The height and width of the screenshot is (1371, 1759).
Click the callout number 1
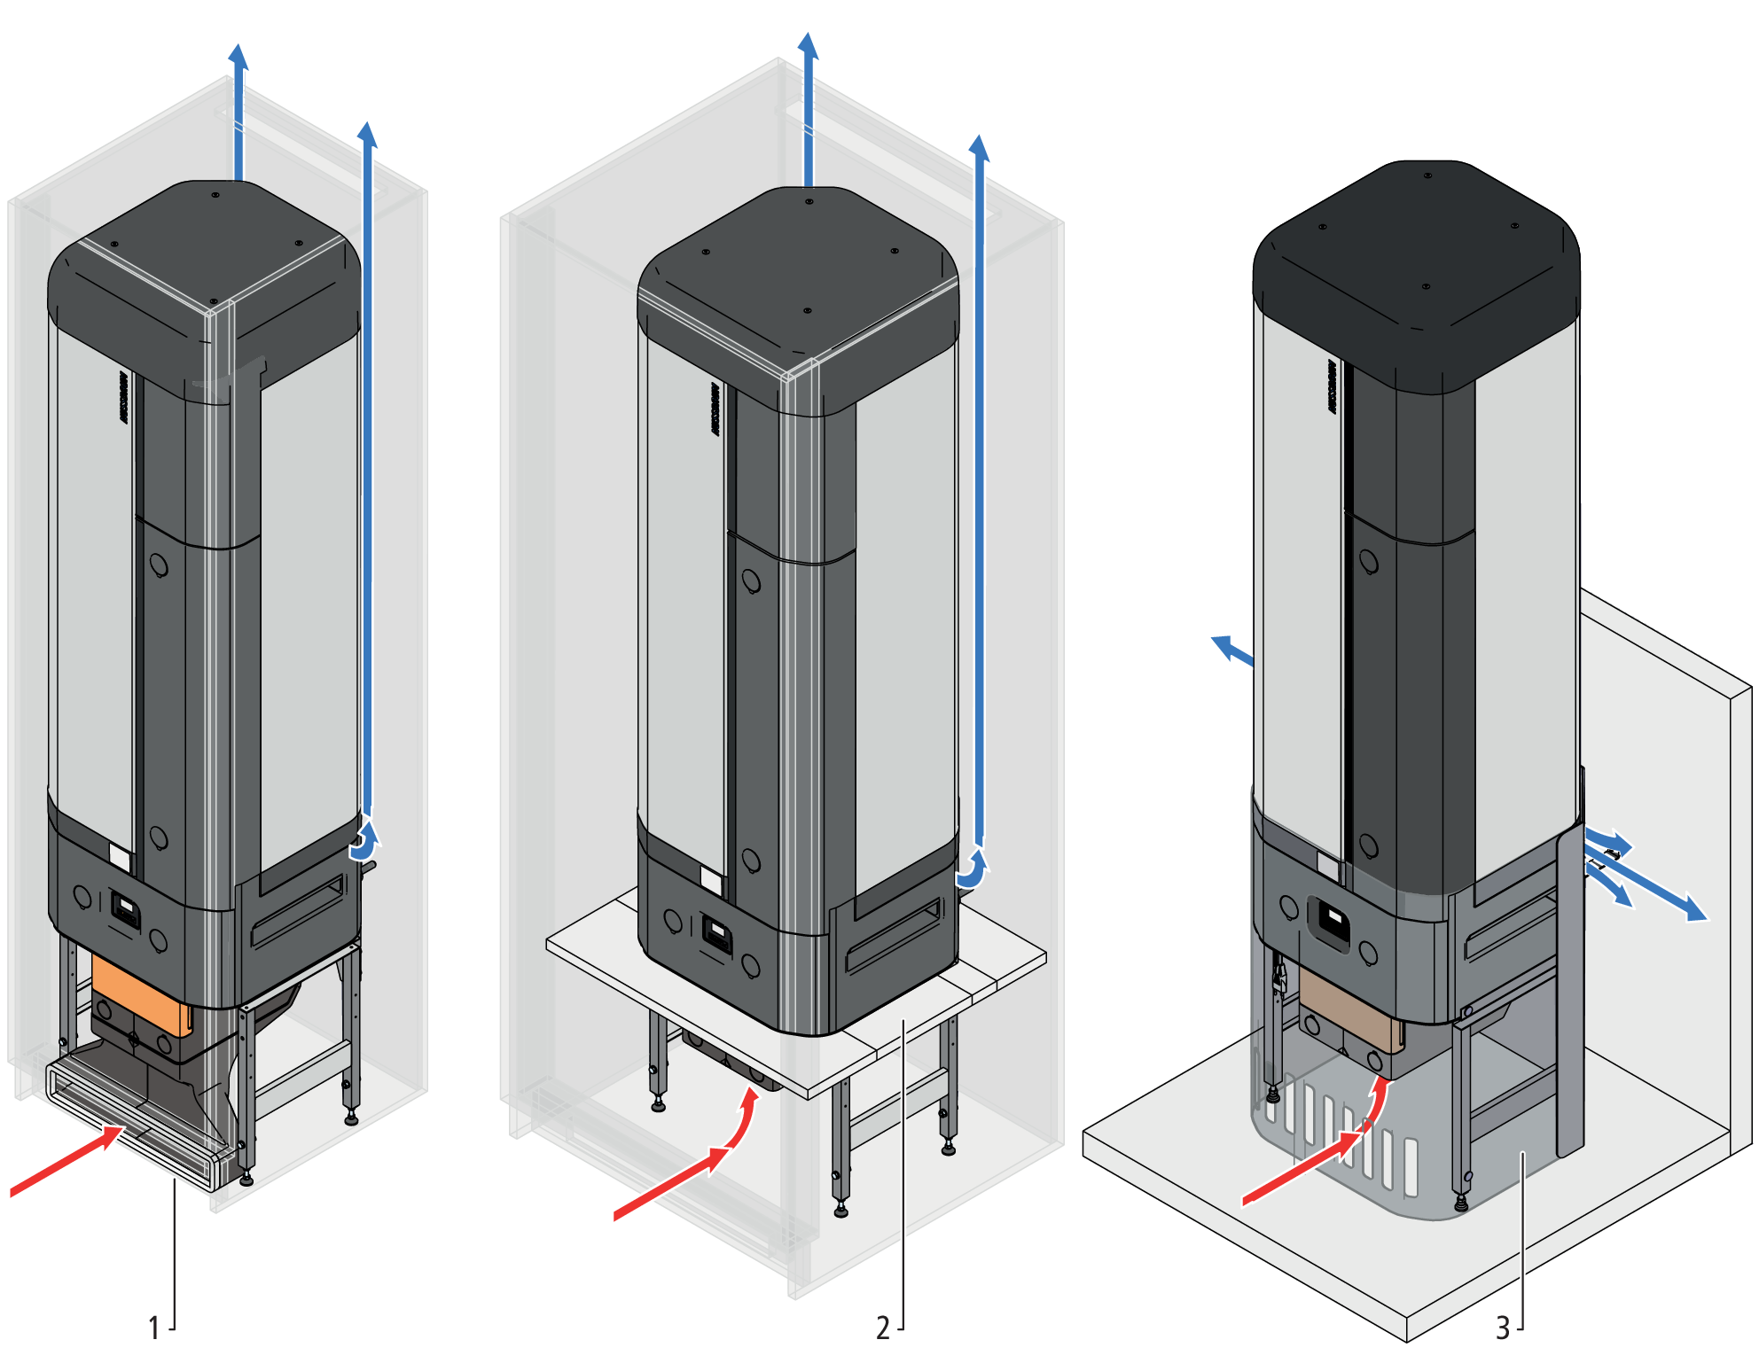point(153,1328)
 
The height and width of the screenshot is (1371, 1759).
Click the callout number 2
point(882,1328)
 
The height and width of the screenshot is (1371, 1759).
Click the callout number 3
point(1502,1328)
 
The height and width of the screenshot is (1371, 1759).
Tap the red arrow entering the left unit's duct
point(66,1164)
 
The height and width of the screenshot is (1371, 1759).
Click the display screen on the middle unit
point(715,930)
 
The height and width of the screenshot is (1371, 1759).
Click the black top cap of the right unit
point(1419,266)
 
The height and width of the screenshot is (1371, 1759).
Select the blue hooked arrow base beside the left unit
point(364,846)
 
